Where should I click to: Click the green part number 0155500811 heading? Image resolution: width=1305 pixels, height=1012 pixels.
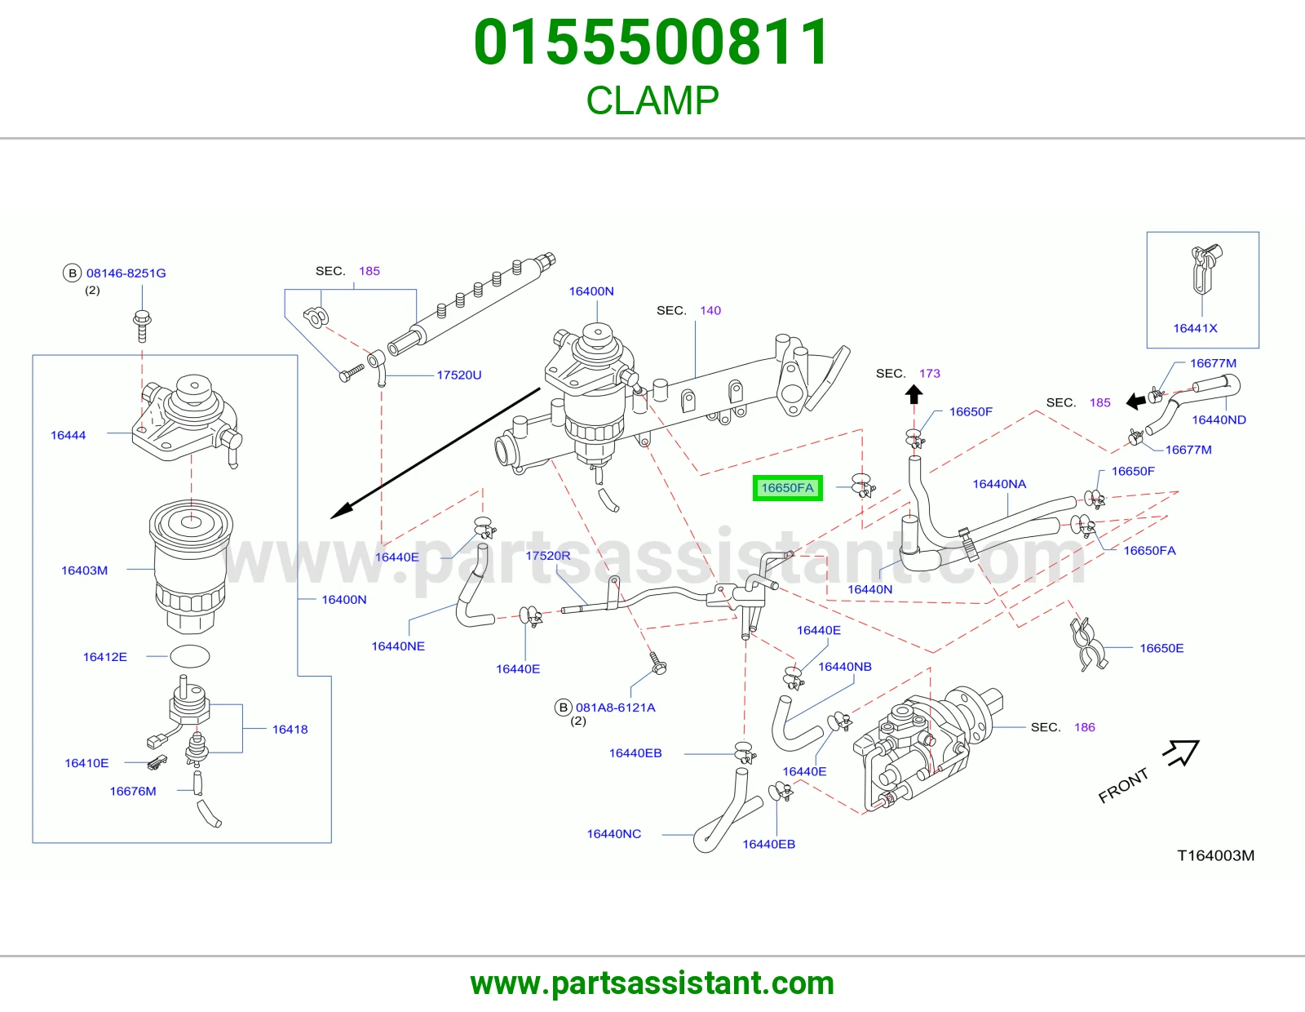(652, 42)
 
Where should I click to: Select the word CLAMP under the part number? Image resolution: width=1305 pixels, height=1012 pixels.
(652, 100)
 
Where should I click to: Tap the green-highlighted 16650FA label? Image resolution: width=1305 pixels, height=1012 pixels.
(787, 488)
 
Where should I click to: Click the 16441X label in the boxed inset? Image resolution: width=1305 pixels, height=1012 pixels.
(1195, 328)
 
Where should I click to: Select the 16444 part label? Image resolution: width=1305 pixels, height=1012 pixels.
(68, 435)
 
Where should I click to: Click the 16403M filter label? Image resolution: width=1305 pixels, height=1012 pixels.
(85, 570)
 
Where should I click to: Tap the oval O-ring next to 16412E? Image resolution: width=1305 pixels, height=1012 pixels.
(190, 656)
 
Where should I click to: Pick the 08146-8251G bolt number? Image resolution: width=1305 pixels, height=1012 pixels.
(126, 273)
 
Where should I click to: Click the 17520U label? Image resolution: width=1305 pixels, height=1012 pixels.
(459, 375)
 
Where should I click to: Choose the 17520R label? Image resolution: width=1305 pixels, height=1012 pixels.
(548, 555)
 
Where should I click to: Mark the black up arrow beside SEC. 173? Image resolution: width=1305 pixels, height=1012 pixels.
(913, 394)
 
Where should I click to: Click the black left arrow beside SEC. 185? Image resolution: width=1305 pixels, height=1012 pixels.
(1135, 401)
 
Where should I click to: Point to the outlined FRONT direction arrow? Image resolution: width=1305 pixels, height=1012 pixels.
(1181, 752)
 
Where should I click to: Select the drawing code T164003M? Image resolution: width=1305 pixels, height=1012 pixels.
(1215, 855)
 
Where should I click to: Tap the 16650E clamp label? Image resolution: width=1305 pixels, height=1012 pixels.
(1161, 648)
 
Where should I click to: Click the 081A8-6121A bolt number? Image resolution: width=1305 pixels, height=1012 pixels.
(616, 708)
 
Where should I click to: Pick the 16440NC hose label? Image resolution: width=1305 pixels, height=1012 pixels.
(614, 833)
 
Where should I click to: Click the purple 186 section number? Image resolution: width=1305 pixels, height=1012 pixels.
(1085, 727)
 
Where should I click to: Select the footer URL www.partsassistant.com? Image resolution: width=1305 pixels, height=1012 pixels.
(652, 983)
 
